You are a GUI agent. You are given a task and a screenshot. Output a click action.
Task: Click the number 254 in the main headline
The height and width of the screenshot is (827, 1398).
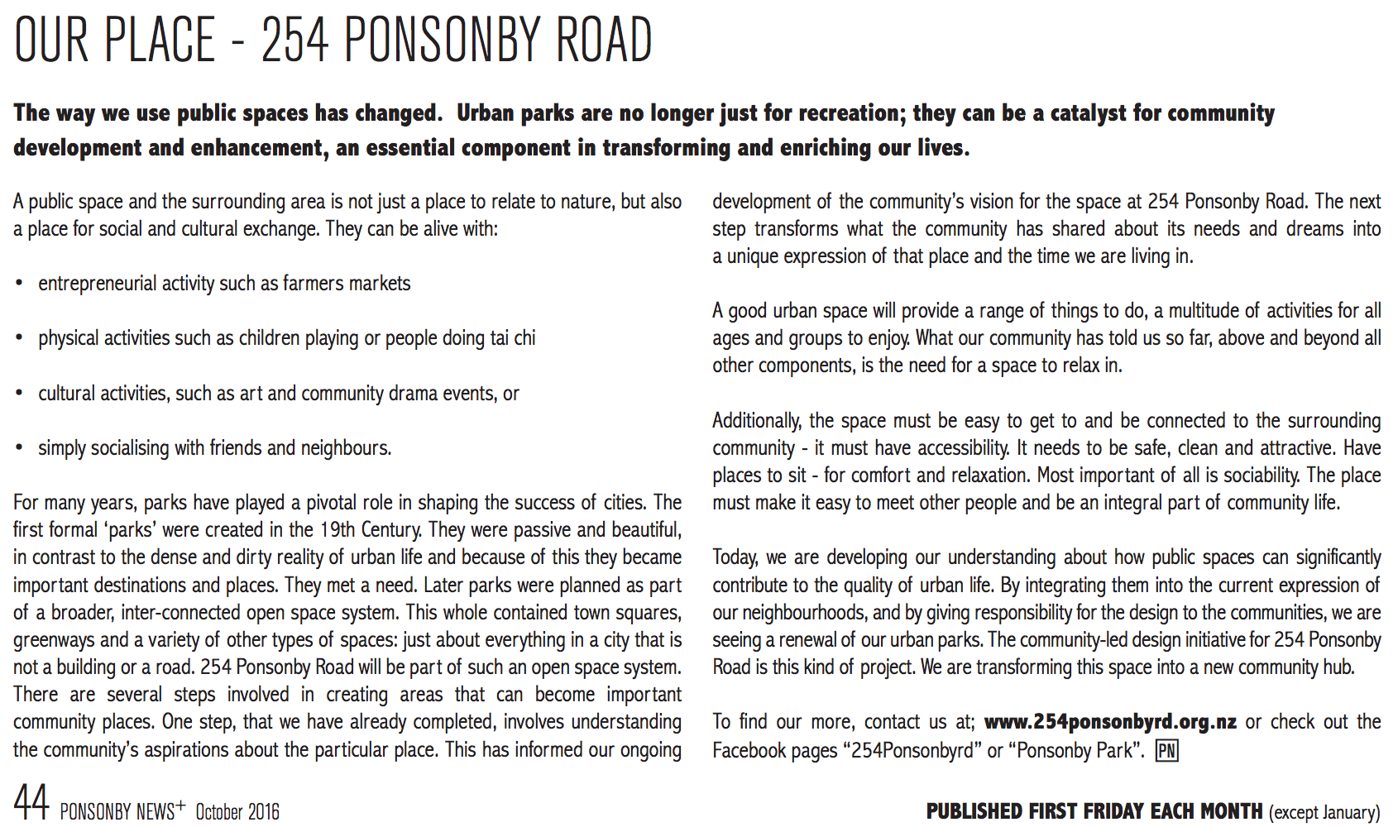click(x=295, y=40)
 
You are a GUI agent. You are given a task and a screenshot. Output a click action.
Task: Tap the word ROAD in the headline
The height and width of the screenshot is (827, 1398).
click(x=605, y=40)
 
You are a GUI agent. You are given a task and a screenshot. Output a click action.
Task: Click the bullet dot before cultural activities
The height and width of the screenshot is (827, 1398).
click(x=19, y=394)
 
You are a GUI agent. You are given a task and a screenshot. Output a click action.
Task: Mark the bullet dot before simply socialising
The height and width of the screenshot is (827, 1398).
click(x=19, y=448)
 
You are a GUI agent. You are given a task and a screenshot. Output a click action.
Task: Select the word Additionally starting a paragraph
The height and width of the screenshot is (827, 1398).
click(x=756, y=421)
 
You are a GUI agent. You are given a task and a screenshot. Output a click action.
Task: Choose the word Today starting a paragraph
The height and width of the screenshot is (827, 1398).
click(x=735, y=557)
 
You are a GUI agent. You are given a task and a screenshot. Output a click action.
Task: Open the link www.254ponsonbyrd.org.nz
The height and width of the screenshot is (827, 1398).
click(x=1110, y=722)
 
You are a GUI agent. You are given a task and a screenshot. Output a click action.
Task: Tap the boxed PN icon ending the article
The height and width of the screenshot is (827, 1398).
click(x=1166, y=750)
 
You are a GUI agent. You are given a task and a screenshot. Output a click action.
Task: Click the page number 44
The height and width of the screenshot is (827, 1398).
click(x=31, y=802)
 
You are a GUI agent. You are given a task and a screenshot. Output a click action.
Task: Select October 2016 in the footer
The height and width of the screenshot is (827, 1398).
click(x=237, y=812)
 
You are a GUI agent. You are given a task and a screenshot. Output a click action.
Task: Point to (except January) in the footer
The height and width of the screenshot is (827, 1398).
click(x=1324, y=812)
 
